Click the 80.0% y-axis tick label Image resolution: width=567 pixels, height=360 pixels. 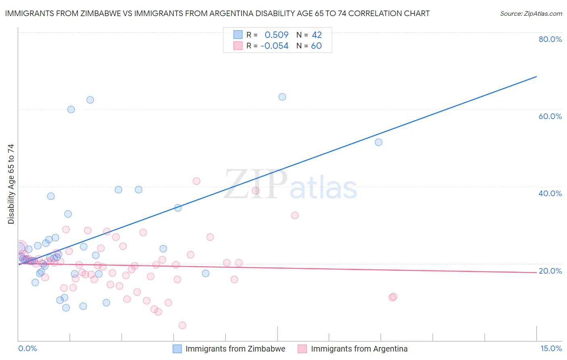(x=550, y=39)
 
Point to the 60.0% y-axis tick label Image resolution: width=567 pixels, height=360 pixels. (x=550, y=116)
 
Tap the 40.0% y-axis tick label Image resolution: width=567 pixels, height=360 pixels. (x=550, y=193)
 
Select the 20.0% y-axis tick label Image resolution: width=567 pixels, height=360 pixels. (x=550, y=271)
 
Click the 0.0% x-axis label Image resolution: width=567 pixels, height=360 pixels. (x=27, y=348)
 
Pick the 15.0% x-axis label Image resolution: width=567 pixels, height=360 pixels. (x=551, y=348)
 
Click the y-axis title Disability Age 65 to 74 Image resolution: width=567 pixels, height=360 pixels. (x=11, y=184)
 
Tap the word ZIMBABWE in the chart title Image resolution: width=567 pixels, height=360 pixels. (x=93, y=13)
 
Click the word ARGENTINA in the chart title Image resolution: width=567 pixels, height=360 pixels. (x=227, y=13)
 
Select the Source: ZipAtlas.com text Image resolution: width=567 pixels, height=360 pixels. (x=531, y=13)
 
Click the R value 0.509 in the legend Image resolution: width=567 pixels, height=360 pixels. (x=277, y=35)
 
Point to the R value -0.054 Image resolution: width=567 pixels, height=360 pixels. (x=275, y=46)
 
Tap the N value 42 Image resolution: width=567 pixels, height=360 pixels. (x=317, y=35)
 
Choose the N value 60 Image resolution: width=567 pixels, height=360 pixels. (x=317, y=46)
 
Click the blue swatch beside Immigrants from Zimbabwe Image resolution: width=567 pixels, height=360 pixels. (x=177, y=349)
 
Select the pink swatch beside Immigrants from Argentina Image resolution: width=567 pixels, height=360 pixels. (x=302, y=349)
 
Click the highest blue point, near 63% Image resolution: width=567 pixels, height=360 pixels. (x=282, y=97)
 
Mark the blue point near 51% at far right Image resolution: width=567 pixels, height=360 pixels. (x=378, y=142)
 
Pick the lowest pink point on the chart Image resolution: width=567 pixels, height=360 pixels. (x=182, y=325)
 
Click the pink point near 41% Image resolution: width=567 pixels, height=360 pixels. (x=196, y=181)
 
